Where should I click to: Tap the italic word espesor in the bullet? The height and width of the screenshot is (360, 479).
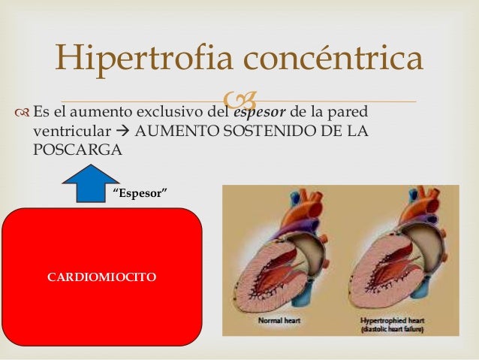point(261,112)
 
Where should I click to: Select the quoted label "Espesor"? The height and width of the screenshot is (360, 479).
point(139,194)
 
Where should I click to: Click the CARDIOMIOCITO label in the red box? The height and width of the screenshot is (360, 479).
point(101,277)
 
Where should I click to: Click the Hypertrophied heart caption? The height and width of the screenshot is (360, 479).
point(392,319)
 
